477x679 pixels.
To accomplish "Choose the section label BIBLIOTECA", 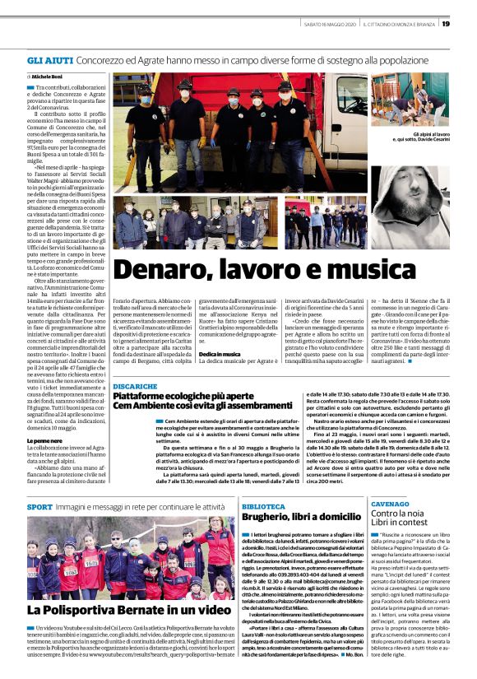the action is click(264, 507).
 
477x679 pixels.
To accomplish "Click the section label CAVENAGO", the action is click(388, 502).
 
